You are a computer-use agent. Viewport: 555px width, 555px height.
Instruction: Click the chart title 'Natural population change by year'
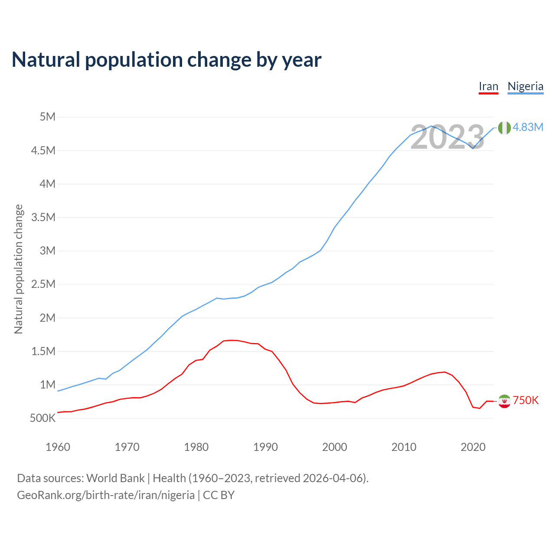click(166, 60)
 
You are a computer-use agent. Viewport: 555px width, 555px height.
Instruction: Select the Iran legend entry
click(488, 86)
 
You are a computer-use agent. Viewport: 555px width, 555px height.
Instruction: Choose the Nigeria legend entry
click(525, 86)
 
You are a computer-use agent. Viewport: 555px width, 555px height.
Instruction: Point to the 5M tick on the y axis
click(47, 117)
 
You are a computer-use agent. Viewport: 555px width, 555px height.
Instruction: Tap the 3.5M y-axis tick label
click(43, 217)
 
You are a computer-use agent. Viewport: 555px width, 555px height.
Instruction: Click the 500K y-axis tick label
click(42, 418)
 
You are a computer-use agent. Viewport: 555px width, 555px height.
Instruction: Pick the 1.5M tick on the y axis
click(43, 351)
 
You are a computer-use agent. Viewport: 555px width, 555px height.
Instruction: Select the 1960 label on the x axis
click(58, 447)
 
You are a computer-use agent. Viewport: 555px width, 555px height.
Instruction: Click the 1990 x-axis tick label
click(265, 447)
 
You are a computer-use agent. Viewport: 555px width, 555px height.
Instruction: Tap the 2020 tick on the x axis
click(473, 447)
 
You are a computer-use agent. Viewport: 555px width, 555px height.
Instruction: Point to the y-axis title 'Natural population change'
click(18, 269)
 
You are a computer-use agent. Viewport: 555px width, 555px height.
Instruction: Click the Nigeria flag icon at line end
click(504, 127)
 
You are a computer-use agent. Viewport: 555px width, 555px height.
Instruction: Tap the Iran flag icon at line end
click(504, 401)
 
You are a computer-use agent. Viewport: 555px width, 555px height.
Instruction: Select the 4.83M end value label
click(528, 127)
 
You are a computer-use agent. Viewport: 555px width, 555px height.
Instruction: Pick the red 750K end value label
click(526, 400)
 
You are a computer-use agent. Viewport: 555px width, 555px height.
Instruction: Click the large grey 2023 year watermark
click(447, 137)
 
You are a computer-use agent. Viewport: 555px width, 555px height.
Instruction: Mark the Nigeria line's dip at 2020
click(473, 148)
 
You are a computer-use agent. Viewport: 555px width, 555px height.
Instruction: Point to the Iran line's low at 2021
click(480, 408)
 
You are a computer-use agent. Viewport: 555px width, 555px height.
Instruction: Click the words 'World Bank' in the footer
click(115, 478)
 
